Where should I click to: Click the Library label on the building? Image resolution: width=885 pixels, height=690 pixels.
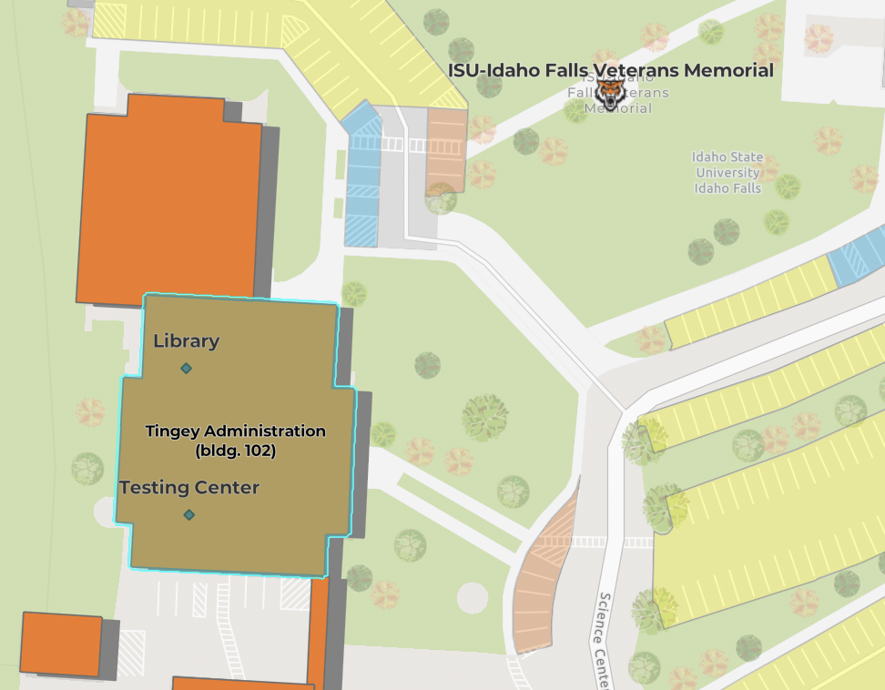pyautogui.click(x=186, y=341)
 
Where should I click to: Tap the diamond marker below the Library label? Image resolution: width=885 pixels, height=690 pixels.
pyautogui.click(x=186, y=368)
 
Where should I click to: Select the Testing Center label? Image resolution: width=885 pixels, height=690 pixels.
pyautogui.click(x=189, y=488)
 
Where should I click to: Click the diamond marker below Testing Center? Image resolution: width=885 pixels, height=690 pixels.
pyautogui.click(x=188, y=515)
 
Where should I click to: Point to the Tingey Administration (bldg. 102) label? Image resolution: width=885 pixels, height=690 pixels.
pyautogui.click(x=235, y=440)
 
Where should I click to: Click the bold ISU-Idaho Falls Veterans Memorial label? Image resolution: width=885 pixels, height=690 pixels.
pyautogui.click(x=610, y=70)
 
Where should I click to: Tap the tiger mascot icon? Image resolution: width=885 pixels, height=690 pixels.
pyautogui.click(x=612, y=94)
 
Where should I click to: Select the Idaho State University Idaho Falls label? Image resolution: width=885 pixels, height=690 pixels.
pyautogui.click(x=727, y=172)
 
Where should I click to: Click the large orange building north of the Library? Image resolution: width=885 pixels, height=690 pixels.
pyautogui.click(x=168, y=205)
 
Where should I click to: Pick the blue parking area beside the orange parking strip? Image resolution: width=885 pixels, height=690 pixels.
pyautogui.click(x=363, y=178)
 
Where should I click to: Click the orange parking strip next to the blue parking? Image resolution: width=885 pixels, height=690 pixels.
pyautogui.click(x=446, y=150)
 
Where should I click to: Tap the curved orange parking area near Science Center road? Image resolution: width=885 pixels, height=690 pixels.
pyautogui.click(x=543, y=573)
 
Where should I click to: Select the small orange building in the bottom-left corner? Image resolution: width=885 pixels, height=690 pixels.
pyautogui.click(x=60, y=644)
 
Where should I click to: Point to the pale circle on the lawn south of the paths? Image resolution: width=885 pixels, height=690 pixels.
pyautogui.click(x=472, y=597)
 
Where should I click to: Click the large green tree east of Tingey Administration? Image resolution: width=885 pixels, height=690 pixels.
pyautogui.click(x=484, y=417)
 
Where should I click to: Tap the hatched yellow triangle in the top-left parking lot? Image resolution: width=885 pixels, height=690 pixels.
pyautogui.click(x=109, y=21)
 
